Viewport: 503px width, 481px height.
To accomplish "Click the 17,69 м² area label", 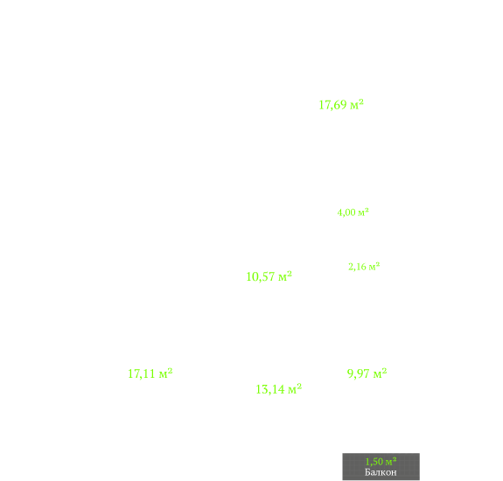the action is point(341,105).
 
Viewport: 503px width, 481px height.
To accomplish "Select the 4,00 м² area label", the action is point(353,213).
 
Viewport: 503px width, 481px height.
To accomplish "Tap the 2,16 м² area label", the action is point(364,267).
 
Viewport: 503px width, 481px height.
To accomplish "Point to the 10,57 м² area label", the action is point(269,276).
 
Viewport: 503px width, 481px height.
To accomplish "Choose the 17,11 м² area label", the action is point(150,373).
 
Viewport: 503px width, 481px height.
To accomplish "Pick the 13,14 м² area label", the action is point(279,389).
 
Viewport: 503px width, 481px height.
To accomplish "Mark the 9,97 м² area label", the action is point(367,373).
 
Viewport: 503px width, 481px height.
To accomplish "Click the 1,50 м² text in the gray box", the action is point(381,462).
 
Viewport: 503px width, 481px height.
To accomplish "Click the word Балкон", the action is point(381,472).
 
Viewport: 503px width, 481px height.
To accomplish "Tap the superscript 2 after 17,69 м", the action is point(361,101).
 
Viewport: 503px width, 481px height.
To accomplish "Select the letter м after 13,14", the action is point(292,390).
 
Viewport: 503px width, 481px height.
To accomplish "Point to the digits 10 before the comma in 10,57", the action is point(252,276).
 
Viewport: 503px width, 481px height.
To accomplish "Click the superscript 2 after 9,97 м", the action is point(385,371).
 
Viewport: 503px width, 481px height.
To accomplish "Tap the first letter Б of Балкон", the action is point(367,472).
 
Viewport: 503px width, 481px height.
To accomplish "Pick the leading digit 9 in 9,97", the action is point(350,373).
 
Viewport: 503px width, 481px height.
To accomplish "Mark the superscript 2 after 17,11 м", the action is point(170,371).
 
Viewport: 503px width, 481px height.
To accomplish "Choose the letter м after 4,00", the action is point(361,213).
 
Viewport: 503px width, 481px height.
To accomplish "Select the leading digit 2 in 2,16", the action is point(351,267).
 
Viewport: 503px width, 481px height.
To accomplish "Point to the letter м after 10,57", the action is point(283,278).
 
